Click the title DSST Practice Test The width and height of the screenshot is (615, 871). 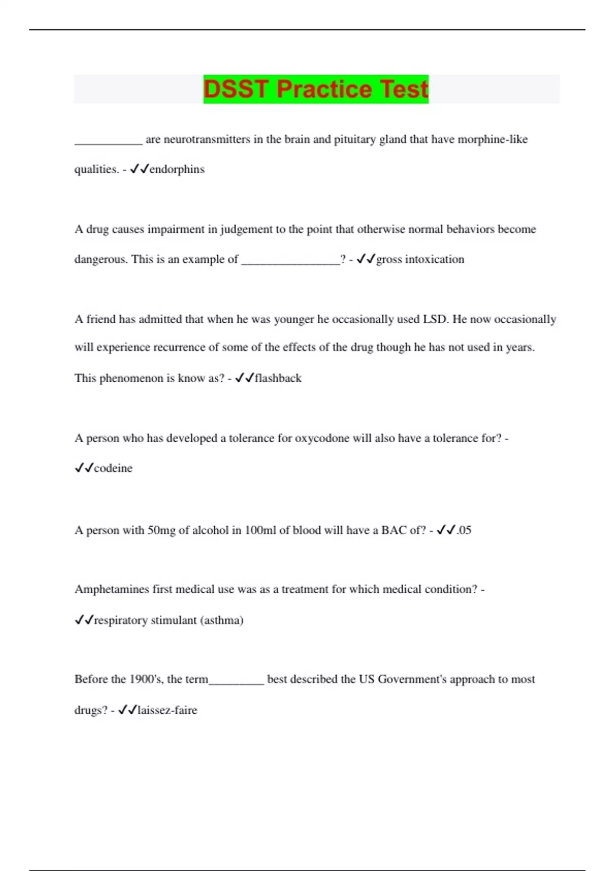(x=316, y=89)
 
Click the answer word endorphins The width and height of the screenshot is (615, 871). (x=177, y=170)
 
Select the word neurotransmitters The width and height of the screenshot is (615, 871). (x=207, y=139)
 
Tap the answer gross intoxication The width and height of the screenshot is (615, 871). (x=420, y=259)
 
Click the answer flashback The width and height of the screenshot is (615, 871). (x=278, y=378)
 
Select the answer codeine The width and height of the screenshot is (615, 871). (x=113, y=468)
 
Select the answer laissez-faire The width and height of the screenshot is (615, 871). (x=167, y=710)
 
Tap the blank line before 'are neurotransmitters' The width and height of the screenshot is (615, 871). (x=108, y=142)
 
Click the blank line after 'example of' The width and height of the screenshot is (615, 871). (x=290, y=262)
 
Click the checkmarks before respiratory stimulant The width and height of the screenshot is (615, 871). (x=84, y=620)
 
